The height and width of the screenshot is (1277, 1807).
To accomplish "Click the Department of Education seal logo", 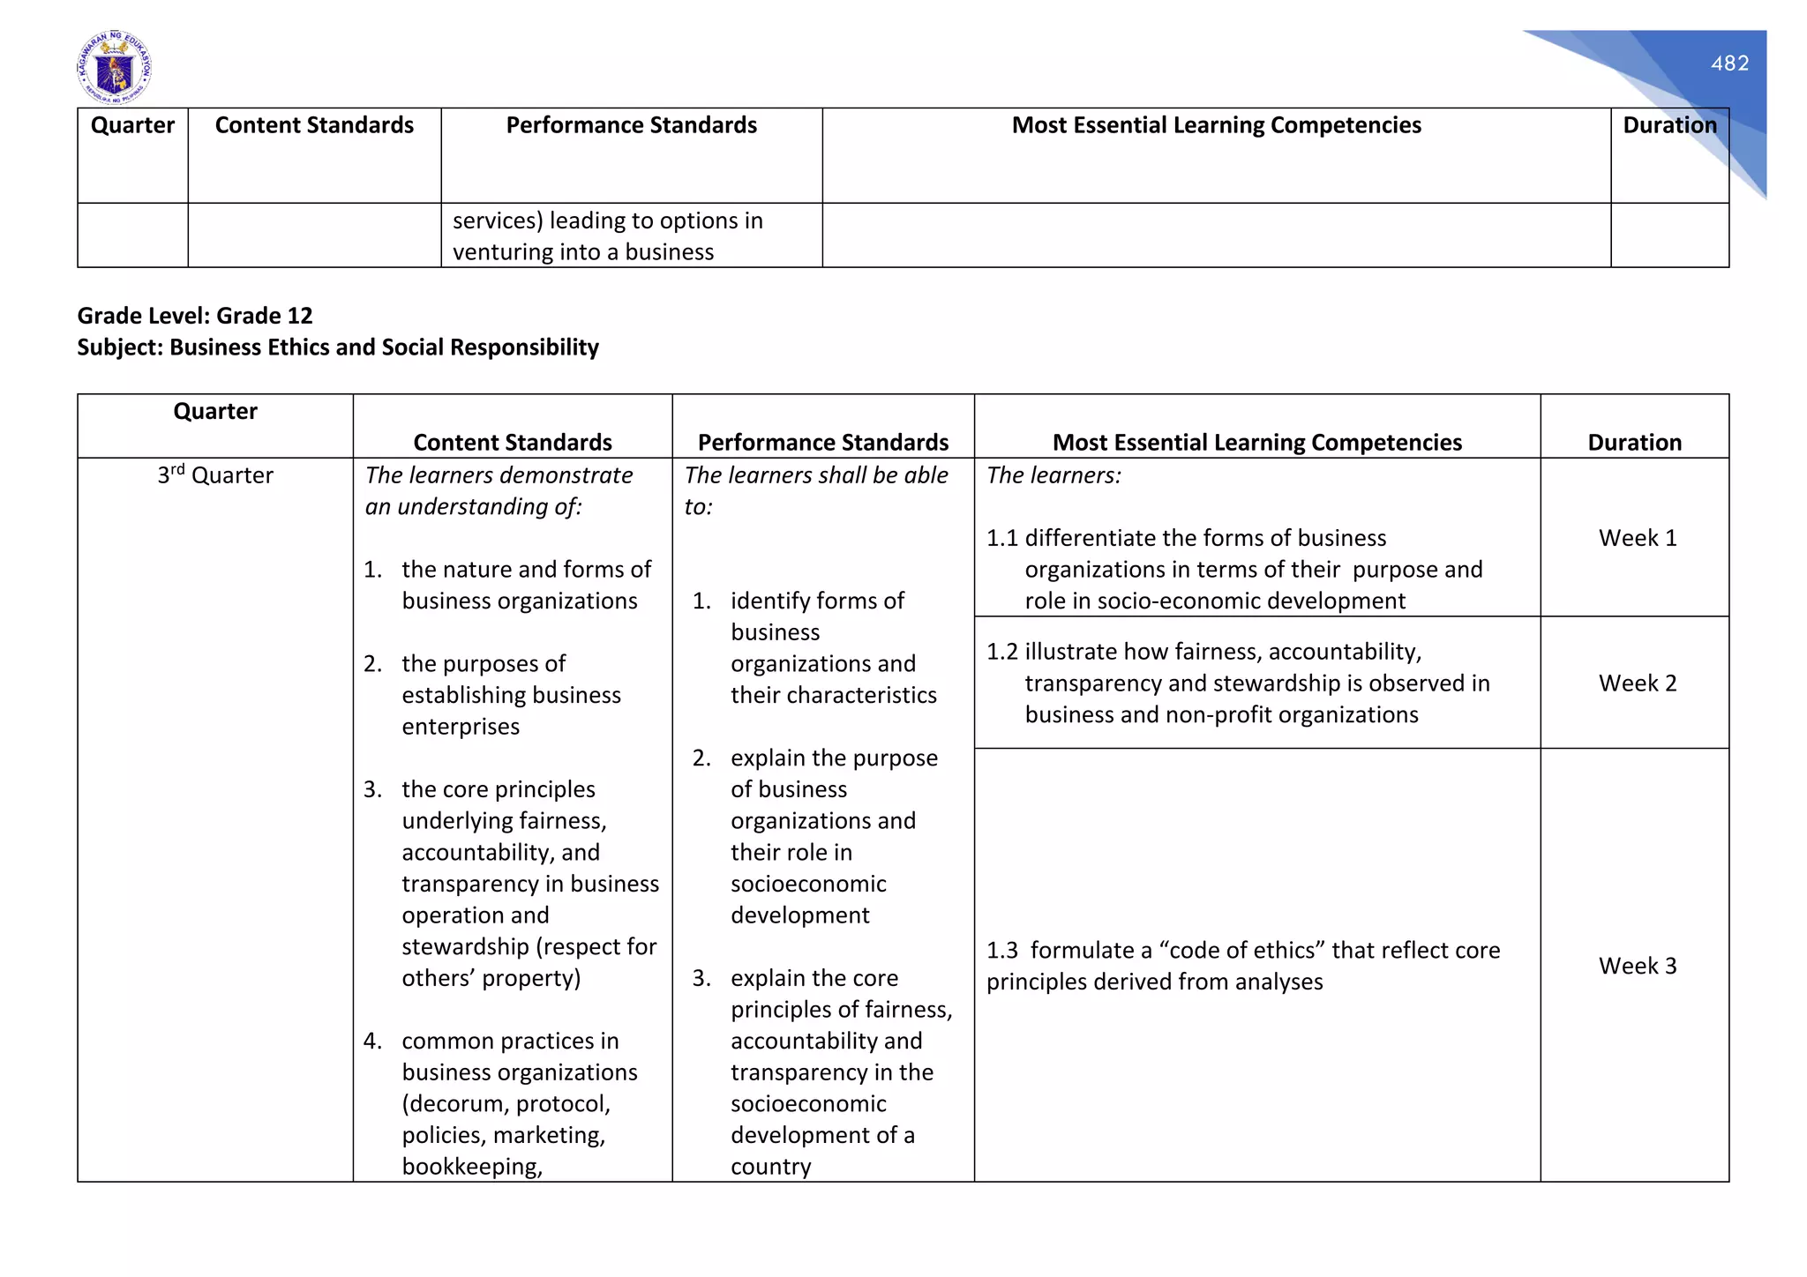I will pos(114,68).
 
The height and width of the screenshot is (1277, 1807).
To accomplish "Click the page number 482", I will pos(1728,63).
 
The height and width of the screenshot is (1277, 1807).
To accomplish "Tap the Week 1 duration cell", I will pos(1637,538).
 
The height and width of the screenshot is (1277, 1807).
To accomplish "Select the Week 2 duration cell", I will pos(1637,683).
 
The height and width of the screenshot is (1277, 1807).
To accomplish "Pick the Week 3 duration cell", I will pos(1637,966).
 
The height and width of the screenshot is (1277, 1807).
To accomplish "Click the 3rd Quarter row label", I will pos(215,475).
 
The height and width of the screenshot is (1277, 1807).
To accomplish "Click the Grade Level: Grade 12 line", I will pos(195,316).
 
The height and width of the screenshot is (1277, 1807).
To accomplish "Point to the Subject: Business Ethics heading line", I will pos(338,347).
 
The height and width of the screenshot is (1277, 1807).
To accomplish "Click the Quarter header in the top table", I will pos(132,125).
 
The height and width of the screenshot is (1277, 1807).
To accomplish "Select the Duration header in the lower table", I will pos(1634,443).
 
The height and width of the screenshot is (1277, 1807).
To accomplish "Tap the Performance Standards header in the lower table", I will pos(822,443).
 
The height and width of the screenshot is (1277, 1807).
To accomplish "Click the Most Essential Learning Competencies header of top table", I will pos(1216,125).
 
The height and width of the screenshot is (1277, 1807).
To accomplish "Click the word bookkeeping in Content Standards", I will pos(471,1167).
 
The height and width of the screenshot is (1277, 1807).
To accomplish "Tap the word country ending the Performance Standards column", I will pos(770,1167).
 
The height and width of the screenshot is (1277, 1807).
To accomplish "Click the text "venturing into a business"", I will pos(583,252).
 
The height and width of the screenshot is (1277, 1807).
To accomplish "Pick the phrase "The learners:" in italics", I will pos(1053,475).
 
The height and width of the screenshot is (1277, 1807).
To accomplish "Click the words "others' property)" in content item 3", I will pos(491,978).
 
